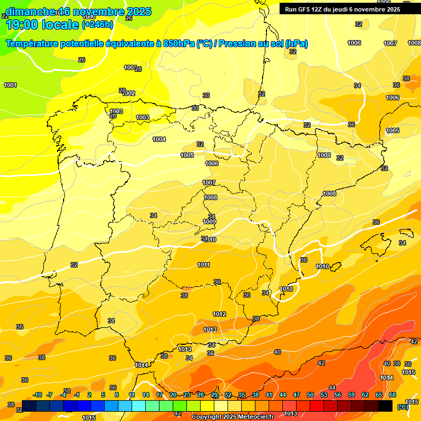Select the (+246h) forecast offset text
[x=98, y=24]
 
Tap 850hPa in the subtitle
[x=179, y=44]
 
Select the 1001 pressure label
[x=10, y=85]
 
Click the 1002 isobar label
[x=129, y=94]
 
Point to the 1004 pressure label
[x=159, y=139]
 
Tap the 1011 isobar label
[x=204, y=265]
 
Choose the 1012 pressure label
[x=219, y=314]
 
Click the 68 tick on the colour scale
[x=392, y=395]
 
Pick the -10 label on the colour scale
[x=38, y=395]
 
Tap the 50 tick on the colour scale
[x=310, y=395]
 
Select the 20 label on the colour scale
[x=173, y=395]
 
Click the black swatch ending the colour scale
[x=385, y=406]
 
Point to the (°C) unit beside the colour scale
[x=403, y=406]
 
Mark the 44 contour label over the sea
[x=332, y=388]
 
